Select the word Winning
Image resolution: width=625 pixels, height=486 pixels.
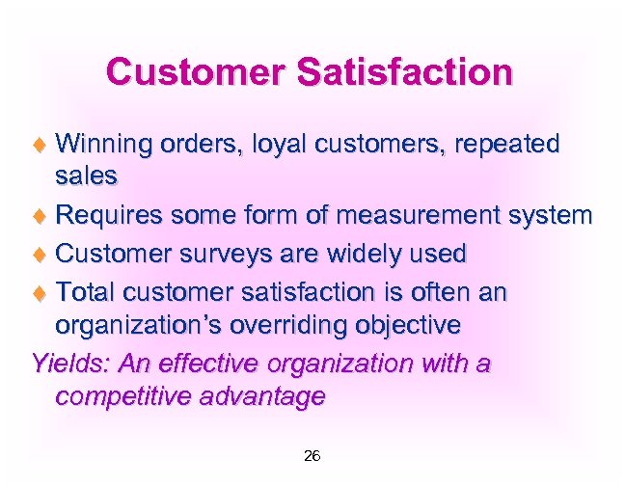pyautogui.click(x=104, y=145)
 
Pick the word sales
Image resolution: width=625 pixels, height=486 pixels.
pyautogui.click(x=86, y=175)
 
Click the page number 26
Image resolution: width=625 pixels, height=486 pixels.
pyautogui.click(x=312, y=455)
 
